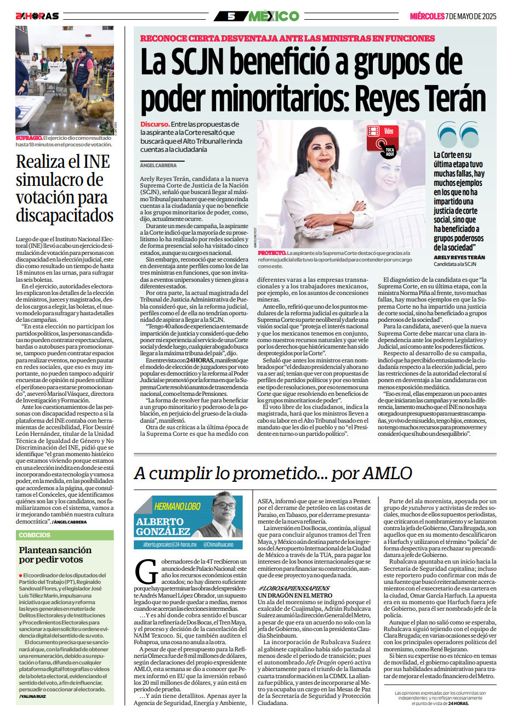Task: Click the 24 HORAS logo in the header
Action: pos(37,16)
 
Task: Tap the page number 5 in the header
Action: pos(231,16)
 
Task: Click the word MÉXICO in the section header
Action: pos(274,16)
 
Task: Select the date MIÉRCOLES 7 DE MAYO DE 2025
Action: pos(453,16)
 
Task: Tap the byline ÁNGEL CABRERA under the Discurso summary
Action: pos(158,165)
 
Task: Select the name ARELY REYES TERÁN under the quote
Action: pos(459,257)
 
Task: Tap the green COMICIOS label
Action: pos(35,535)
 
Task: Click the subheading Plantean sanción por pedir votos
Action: pos(55,554)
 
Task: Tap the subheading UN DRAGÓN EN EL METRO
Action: pos(295,595)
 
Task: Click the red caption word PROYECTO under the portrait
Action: pos(272,253)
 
